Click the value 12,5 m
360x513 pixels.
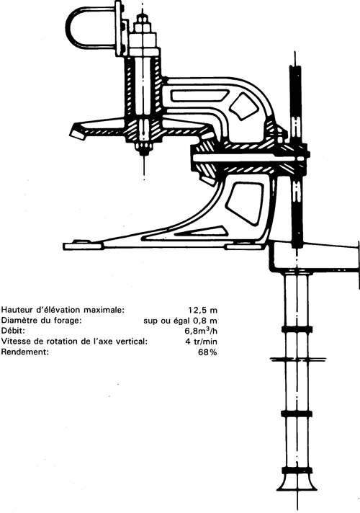point(202,310)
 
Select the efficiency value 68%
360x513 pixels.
point(207,352)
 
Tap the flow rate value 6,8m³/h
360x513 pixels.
point(201,331)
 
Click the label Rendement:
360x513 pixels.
point(25,352)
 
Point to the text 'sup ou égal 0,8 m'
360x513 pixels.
point(180,321)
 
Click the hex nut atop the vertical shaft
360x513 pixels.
point(143,24)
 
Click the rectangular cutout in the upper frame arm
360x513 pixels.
point(199,95)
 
